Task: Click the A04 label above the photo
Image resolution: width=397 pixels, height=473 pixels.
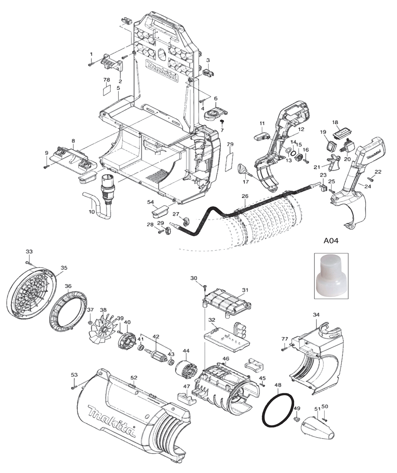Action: (x=331, y=241)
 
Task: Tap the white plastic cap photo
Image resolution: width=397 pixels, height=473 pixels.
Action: (x=331, y=276)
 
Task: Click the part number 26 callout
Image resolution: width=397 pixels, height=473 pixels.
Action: (x=245, y=196)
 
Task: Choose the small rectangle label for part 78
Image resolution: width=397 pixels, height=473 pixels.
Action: (x=106, y=90)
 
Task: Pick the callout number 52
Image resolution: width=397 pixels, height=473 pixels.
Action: (x=134, y=377)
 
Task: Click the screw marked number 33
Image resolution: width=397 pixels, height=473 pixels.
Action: (x=28, y=263)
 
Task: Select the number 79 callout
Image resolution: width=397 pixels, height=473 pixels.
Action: (x=230, y=144)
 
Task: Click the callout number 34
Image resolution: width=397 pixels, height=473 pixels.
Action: (x=316, y=315)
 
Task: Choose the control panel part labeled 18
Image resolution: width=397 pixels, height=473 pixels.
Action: (x=341, y=132)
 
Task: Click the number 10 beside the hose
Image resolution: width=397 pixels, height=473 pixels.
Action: (x=91, y=212)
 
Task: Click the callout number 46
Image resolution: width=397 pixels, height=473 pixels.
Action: (x=226, y=359)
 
